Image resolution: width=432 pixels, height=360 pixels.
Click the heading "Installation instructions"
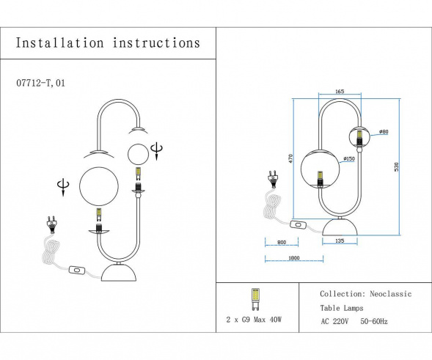pyautogui.click(x=108, y=43)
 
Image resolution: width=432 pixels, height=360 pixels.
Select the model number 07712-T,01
pyautogui.click(x=45, y=84)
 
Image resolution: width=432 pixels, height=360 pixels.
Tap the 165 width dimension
pyautogui.click(x=338, y=92)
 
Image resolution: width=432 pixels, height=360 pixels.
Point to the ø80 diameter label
pyautogui.click(x=383, y=132)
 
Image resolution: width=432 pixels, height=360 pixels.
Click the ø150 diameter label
pyautogui.click(x=350, y=158)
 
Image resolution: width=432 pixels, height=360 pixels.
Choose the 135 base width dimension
pyautogui.click(x=338, y=240)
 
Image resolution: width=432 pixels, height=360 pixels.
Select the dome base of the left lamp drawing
pyautogui.click(x=121, y=275)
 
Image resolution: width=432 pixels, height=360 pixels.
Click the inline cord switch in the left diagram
pyautogui.click(x=76, y=271)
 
